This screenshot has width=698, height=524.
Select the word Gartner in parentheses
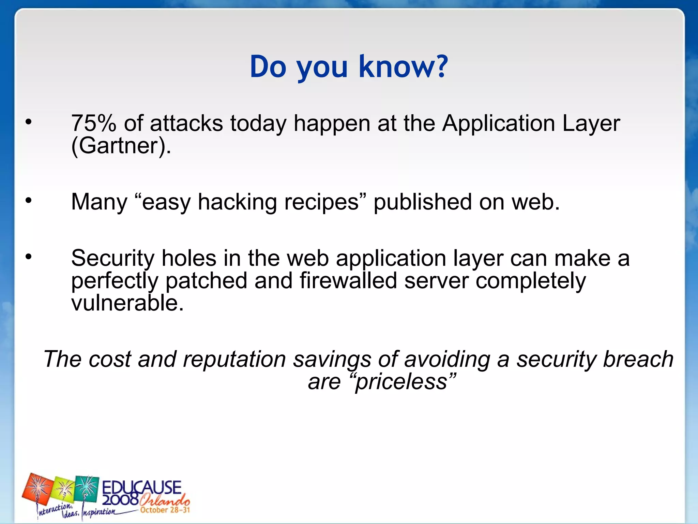(119, 146)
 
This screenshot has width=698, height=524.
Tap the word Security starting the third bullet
(112, 258)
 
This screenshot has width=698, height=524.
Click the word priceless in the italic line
(401, 382)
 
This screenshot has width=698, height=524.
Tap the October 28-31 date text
(165, 510)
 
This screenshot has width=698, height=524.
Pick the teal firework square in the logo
(87, 488)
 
